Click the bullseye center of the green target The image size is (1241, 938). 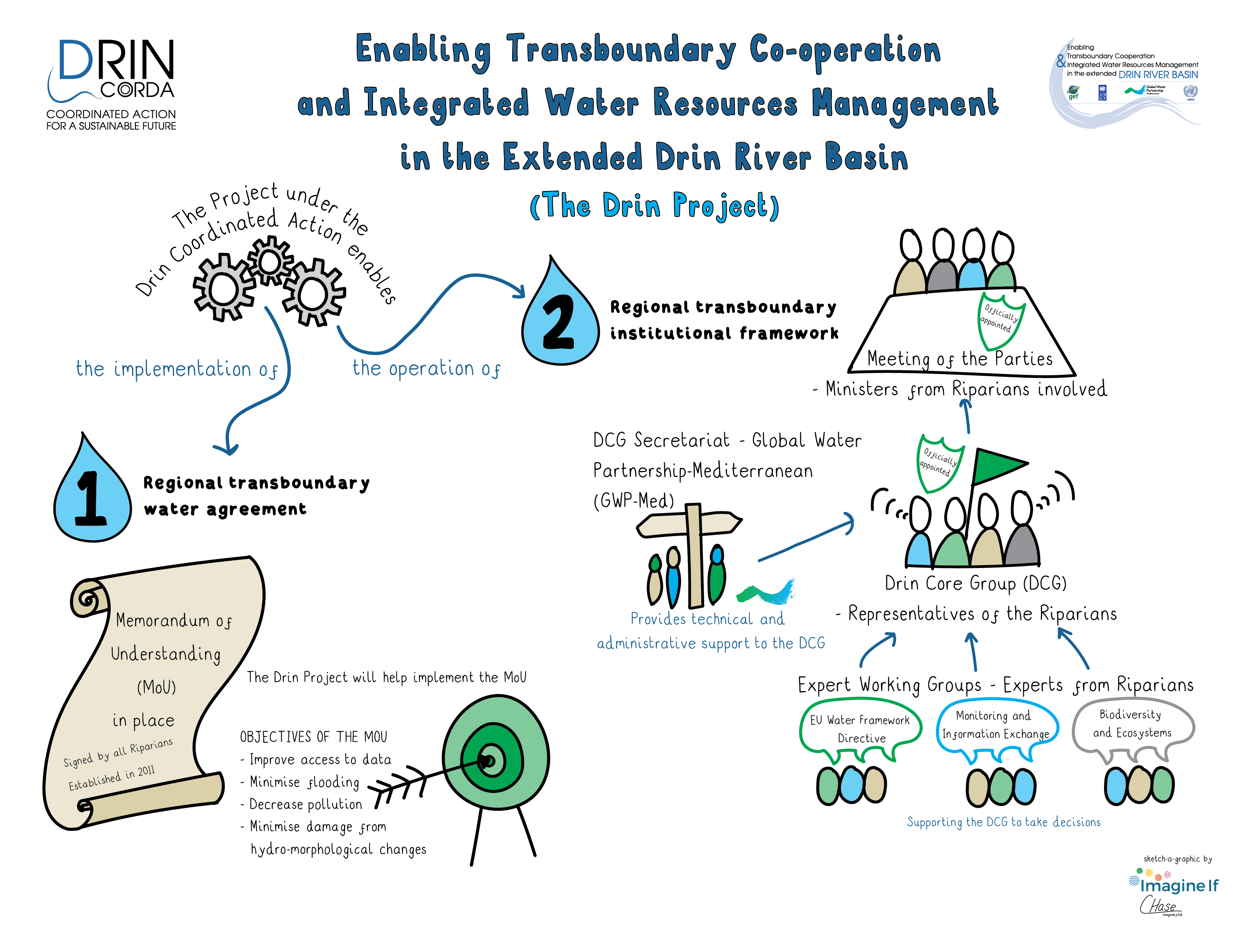(x=489, y=761)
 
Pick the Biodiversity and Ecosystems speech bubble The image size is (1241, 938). (x=1132, y=724)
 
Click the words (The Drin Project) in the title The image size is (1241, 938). (x=654, y=206)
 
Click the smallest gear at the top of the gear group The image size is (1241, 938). (x=270, y=261)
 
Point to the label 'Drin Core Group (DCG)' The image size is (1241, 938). (x=975, y=583)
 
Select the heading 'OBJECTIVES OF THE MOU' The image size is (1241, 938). (x=313, y=736)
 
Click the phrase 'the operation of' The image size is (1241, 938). (x=426, y=368)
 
